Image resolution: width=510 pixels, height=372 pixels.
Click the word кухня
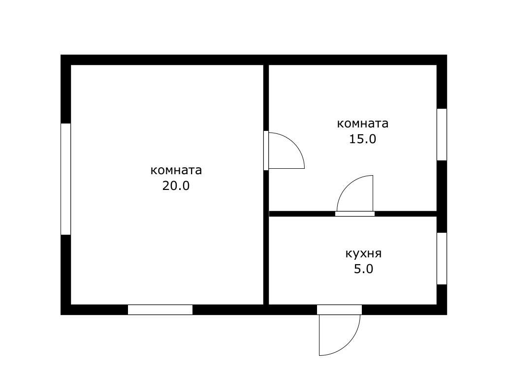pyautogui.click(x=363, y=254)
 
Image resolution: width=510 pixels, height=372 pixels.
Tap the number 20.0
pyautogui.click(x=176, y=186)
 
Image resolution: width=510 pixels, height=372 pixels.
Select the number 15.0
pyautogui.click(x=362, y=139)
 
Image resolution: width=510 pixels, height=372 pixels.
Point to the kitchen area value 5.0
pyautogui.click(x=363, y=269)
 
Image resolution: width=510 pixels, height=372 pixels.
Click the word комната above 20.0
pyautogui.click(x=176, y=170)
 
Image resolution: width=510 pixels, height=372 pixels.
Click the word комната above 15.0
pyautogui.click(x=362, y=124)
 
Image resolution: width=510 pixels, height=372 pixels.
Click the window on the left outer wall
pyautogui.click(x=65, y=179)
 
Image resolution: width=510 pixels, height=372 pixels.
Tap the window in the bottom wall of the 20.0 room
pyautogui.click(x=160, y=310)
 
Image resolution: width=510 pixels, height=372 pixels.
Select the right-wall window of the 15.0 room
pyautogui.click(x=442, y=134)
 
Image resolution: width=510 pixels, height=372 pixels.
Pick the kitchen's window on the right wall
pyautogui.click(x=442, y=258)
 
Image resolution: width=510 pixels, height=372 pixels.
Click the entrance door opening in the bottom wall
pyautogui.click(x=339, y=310)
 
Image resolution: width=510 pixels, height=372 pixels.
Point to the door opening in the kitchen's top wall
pyautogui.click(x=355, y=214)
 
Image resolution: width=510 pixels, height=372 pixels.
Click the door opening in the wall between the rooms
pyautogui.click(x=266, y=151)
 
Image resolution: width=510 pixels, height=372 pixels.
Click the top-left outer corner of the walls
pyautogui.click(x=62, y=56)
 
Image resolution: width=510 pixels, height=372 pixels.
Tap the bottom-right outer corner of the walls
pyautogui.click(x=446, y=314)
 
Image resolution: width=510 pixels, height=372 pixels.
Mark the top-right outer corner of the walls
pyautogui.click(x=446, y=56)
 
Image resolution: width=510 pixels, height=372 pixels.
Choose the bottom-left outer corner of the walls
pyautogui.click(x=62, y=314)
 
